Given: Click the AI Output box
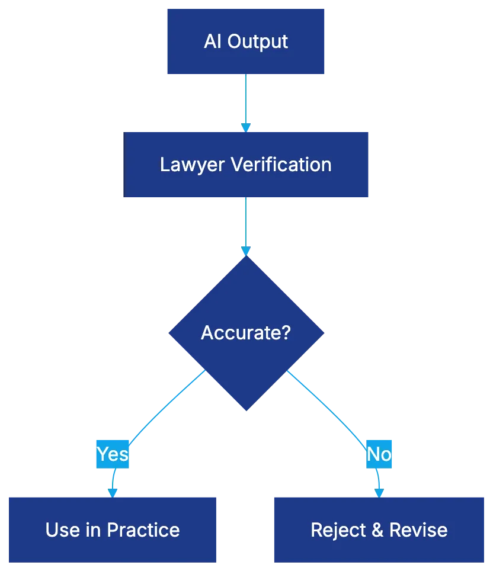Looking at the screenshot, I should point(246,41).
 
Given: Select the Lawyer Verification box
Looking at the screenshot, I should point(246,164).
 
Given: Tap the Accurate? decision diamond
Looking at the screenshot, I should point(246,332).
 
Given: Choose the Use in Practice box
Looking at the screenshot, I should point(112,529).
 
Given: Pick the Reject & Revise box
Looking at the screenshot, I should point(379,529).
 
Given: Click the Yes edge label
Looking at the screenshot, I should point(113,454).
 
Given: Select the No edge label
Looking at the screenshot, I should point(379,454).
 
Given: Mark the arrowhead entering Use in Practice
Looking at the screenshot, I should point(111,491).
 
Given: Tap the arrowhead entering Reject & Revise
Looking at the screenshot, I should point(379,491).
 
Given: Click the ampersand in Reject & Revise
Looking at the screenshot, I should point(377,530).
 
